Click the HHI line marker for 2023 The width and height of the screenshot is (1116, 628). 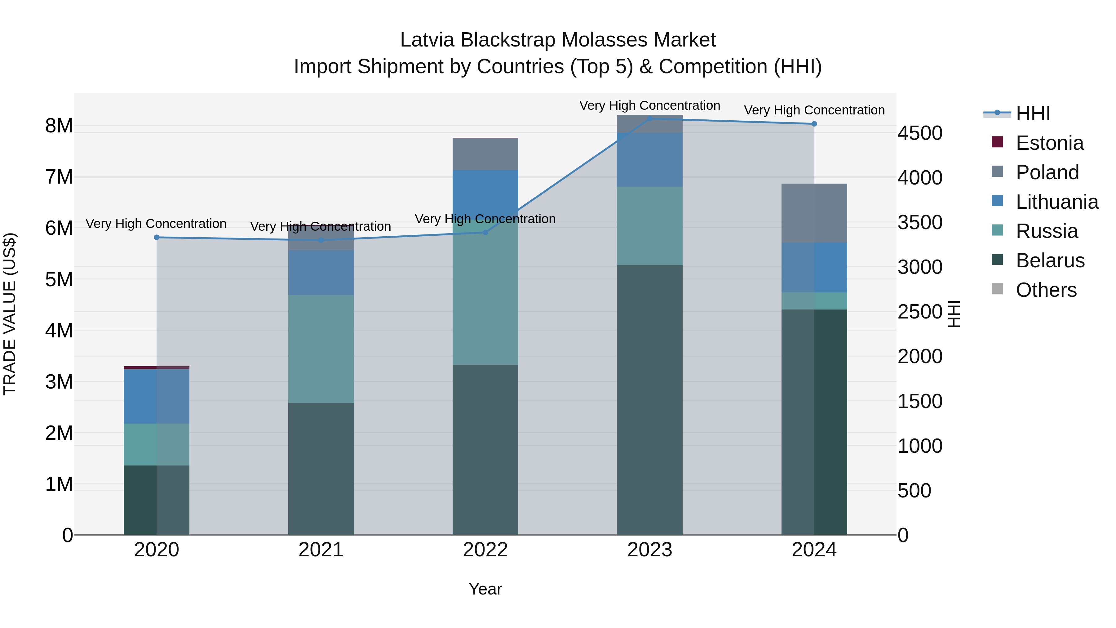(649, 118)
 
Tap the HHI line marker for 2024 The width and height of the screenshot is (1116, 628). (814, 124)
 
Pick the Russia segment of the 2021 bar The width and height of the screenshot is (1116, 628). (321, 349)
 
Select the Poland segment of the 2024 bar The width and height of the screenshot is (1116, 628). (814, 213)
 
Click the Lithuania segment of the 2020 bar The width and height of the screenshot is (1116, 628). (157, 396)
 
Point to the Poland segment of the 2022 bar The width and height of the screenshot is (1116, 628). (485, 154)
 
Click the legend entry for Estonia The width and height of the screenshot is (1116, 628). (1049, 143)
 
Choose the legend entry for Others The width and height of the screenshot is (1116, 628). (1046, 290)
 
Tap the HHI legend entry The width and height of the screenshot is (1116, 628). (1033, 114)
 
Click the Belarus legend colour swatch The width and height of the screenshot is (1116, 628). (997, 260)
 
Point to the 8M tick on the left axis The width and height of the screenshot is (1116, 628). (59, 126)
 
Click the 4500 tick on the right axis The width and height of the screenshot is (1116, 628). (920, 133)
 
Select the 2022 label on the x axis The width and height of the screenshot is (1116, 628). (485, 550)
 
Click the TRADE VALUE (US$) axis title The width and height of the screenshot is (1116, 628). (10, 314)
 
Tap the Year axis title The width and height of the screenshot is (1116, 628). (485, 589)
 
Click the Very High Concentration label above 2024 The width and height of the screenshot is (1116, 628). (814, 110)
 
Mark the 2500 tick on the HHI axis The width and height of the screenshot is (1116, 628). (920, 312)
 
